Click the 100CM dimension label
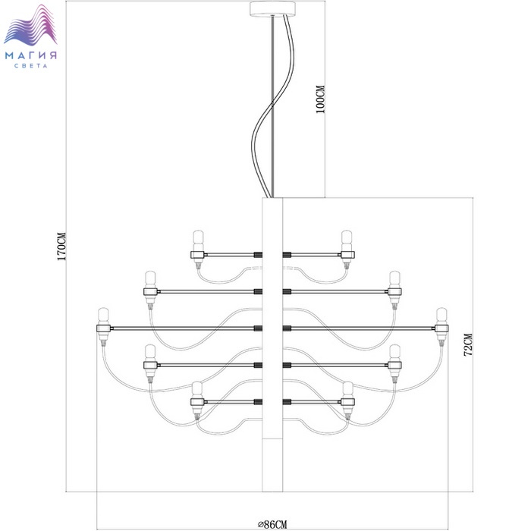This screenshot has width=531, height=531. [x=320, y=99]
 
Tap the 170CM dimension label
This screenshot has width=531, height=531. [x=61, y=247]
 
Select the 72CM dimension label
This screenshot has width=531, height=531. [x=468, y=344]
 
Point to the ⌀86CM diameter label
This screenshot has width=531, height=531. [x=272, y=525]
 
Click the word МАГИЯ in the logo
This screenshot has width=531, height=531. [x=31, y=55]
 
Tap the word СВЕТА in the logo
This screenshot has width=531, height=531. [x=31, y=66]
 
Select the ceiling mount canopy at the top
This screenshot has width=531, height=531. [x=272, y=8]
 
